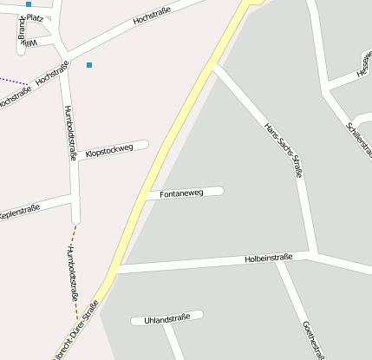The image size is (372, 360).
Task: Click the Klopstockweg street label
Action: [110, 150]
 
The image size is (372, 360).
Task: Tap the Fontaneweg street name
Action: [182, 193]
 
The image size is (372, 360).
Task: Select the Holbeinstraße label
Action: [270, 258]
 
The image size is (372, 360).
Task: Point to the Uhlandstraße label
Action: [167, 319]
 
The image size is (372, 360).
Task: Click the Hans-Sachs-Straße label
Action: [284, 151]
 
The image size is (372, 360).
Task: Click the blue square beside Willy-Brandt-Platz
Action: [29, 4]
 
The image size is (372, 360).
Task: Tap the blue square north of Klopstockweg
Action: [88, 64]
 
